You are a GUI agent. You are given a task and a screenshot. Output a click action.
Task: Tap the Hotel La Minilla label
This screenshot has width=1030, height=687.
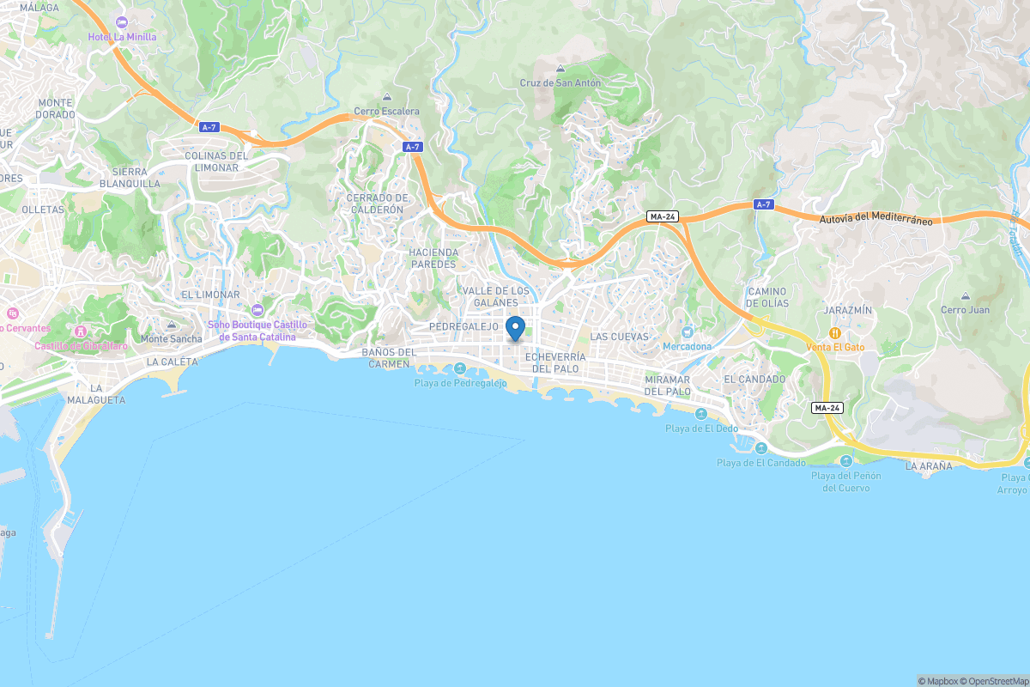point(123,37)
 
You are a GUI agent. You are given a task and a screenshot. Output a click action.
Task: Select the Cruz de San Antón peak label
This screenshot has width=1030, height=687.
point(560,83)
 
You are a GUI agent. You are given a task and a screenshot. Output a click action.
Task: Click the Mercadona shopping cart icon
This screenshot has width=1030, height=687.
point(687,332)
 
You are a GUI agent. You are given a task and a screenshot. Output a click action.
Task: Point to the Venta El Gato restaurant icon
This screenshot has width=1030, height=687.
point(833,333)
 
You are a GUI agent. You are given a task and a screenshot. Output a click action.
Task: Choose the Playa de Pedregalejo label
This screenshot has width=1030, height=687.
point(460,383)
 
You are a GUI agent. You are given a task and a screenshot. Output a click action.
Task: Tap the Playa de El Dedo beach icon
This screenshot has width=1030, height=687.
point(700,414)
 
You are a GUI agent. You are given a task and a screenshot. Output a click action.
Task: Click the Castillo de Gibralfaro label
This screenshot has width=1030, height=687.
point(82,346)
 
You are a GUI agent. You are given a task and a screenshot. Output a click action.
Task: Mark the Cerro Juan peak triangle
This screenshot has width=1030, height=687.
point(965,296)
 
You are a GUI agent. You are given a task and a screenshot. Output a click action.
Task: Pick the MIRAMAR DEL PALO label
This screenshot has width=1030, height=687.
point(668,386)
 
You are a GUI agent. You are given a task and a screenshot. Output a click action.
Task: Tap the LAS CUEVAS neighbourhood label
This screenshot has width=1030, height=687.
point(619,337)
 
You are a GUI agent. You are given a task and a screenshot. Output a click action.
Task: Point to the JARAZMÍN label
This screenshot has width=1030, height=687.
point(847,309)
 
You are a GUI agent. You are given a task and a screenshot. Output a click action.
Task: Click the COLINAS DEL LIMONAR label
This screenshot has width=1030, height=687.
point(216,161)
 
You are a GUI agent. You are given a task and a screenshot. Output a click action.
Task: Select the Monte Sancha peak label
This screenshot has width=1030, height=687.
point(172,338)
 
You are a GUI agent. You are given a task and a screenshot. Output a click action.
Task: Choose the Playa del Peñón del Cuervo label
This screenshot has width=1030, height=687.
point(845,482)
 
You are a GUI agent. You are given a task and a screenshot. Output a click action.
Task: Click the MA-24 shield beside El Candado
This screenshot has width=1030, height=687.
point(827,408)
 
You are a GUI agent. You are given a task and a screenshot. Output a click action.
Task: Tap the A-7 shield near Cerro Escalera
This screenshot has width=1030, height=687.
point(412,147)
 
